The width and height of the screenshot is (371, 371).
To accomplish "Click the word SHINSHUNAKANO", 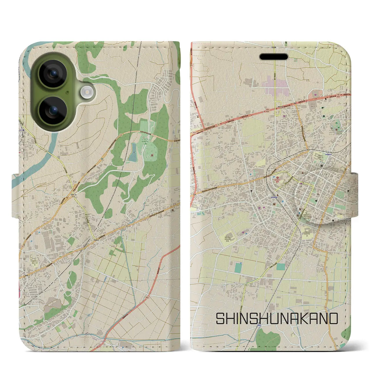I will (277, 319).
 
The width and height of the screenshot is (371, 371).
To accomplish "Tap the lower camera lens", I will (53, 110).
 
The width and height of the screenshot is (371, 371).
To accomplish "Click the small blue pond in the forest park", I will (133, 153).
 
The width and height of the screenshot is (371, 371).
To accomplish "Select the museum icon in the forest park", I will (152, 157).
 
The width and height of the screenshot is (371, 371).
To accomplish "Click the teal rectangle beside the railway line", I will (238, 267).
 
